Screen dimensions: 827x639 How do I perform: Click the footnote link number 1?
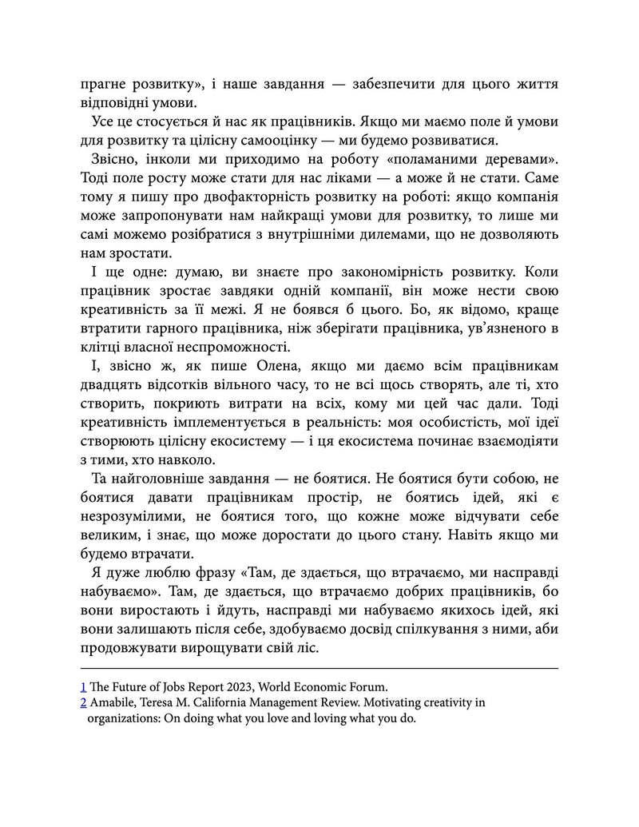(x=84, y=685)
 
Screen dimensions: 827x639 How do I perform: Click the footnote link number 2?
(x=84, y=702)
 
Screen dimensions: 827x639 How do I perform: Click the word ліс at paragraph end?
(x=307, y=648)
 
